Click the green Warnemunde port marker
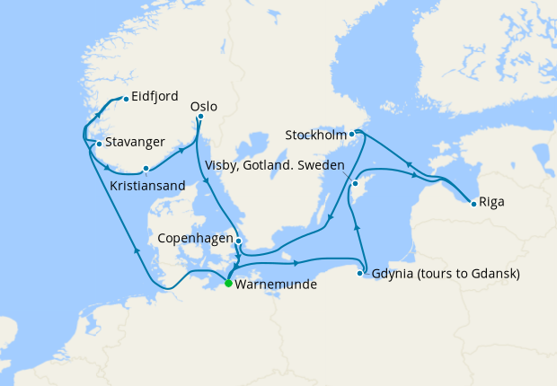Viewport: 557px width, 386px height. click(x=228, y=284)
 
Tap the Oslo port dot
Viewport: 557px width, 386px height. click(x=200, y=117)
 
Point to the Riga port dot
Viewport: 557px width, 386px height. click(x=473, y=203)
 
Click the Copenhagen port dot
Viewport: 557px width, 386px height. click(x=238, y=240)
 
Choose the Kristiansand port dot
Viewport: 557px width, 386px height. click(x=146, y=168)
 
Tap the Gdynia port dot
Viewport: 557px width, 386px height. click(x=361, y=273)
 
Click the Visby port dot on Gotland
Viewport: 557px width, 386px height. click(x=355, y=183)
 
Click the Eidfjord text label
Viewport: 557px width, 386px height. click(x=155, y=97)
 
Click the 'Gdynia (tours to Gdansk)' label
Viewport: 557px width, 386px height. click(x=446, y=273)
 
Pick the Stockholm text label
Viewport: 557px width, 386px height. click(x=315, y=136)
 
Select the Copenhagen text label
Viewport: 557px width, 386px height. click(x=195, y=240)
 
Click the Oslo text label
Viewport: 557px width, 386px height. click(x=205, y=105)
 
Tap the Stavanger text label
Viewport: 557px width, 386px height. click(x=135, y=142)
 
